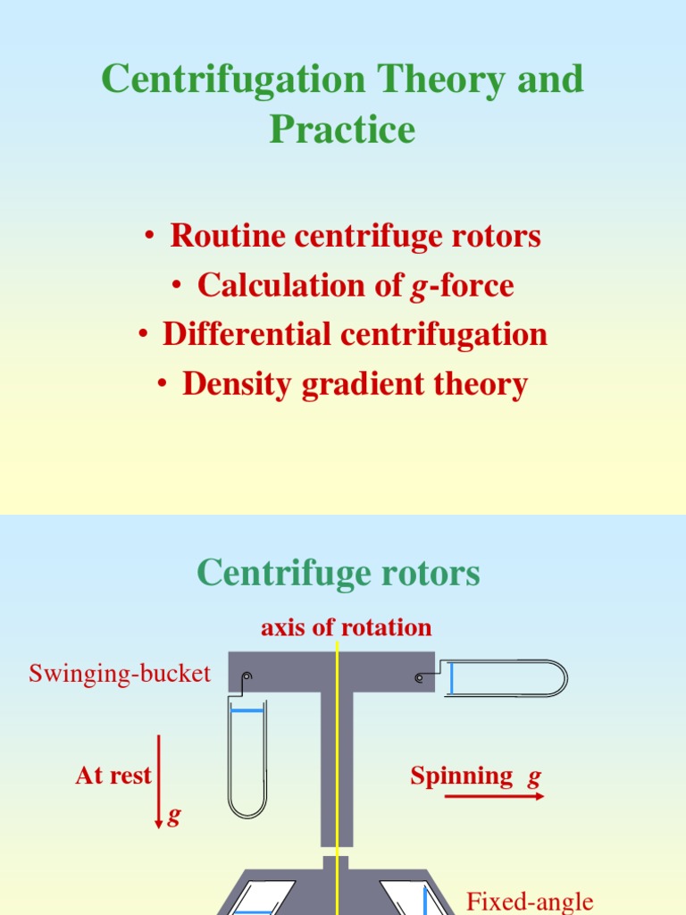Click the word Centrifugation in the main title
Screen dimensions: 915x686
tap(234, 80)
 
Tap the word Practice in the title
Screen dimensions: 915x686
tap(342, 130)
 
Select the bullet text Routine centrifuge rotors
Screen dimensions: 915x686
tap(356, 237)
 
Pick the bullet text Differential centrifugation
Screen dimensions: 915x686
tap(355, 335)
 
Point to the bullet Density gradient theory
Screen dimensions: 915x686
tap(355, 384)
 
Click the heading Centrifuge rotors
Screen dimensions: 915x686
tap(339, 573)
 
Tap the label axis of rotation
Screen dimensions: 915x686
tap(346, 627)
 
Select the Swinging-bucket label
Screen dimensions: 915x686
tap(120, 674)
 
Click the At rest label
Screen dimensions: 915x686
tap(113, 776)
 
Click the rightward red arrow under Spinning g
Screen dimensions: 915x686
tap(494, 795)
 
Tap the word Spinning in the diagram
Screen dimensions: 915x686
tap(462, 776)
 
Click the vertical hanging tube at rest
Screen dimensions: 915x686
tap(247, 760)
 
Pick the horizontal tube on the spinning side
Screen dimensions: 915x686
tap(505, 678)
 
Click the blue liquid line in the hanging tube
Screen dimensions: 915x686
tap(247, 711)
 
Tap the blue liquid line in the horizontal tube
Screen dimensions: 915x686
tap(452, 678)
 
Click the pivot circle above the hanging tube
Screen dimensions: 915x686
tap(247, 676)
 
